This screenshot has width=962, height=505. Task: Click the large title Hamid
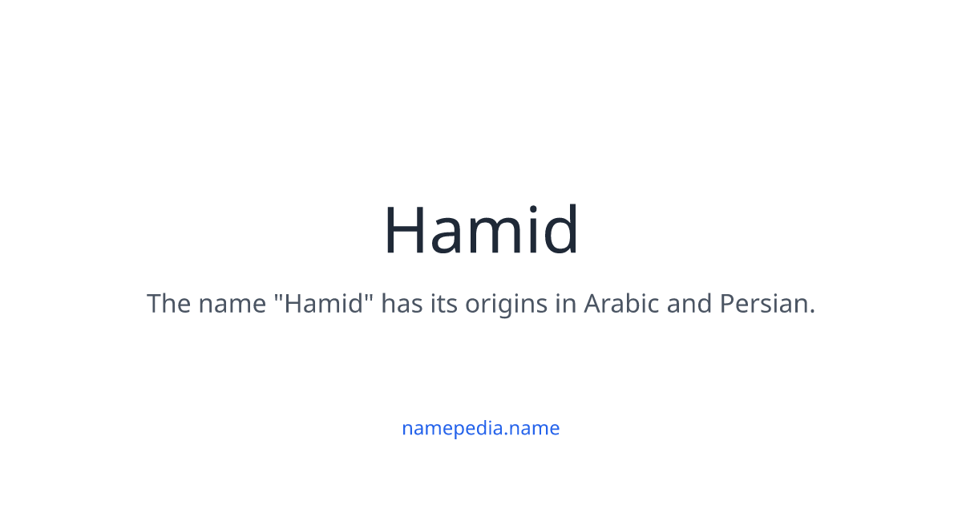481,230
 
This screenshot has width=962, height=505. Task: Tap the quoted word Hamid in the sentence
325,304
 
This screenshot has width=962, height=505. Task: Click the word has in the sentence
398,304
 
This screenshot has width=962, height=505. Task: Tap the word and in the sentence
687,304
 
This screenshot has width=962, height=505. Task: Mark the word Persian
762,304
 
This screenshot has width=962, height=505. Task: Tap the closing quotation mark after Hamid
371,296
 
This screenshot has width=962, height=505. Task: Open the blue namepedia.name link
481,428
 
